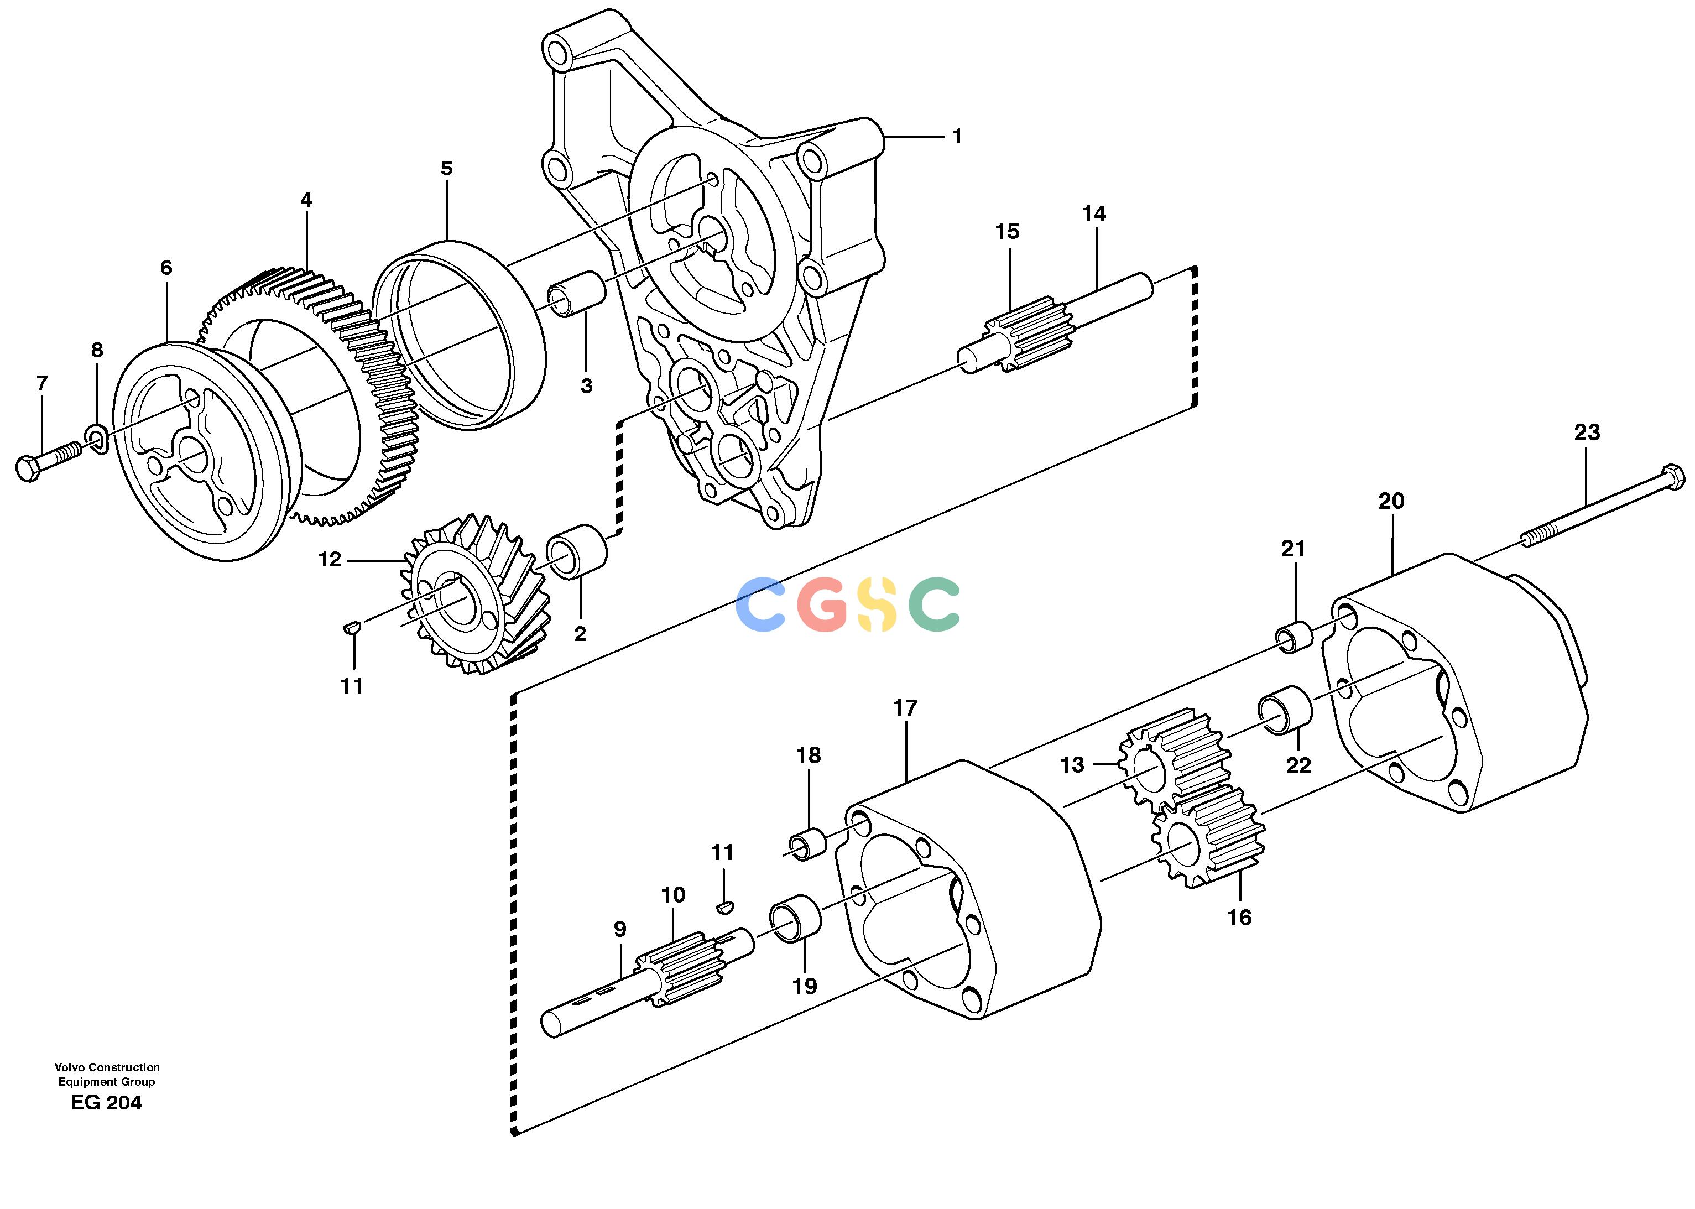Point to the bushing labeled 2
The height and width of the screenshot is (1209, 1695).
(578, 551)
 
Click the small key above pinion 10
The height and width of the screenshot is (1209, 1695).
(723, 906)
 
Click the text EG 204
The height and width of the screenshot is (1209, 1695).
(106, 1103)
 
